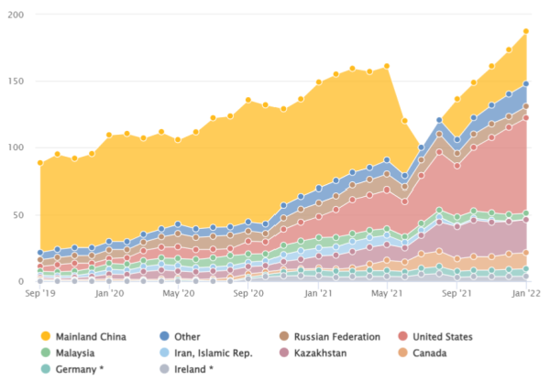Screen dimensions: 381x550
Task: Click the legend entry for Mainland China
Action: pyautogui.click(x=90, y=337)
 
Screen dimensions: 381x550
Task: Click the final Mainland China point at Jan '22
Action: pyautogui.click(x=525, y=32)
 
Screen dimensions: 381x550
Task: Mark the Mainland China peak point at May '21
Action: pyautogui.click(x=387, y=66)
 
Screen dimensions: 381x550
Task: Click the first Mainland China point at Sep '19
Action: pyautogui.click(x=40, y=163)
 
